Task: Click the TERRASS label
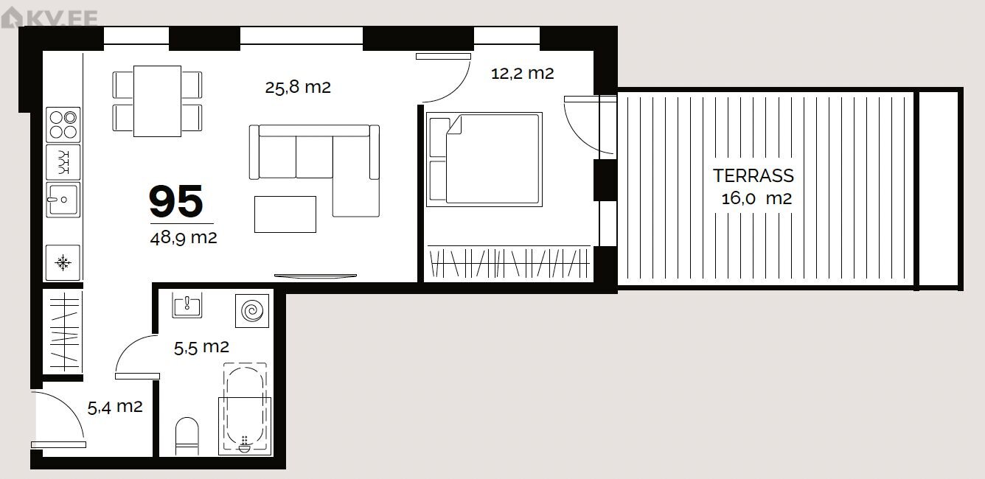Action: coord(753,176)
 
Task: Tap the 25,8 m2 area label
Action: coord(298,87)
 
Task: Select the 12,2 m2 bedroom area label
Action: coord(523,73)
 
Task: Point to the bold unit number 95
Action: coord(176,201)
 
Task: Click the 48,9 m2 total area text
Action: coord(184,238)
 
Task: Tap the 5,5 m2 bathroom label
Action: coord(201,348)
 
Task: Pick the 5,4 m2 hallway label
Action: coord(115,407)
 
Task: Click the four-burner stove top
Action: coord(63,125)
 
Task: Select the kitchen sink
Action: coord(63,200)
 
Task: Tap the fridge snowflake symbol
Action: coord(63,262)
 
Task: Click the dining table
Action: coord(158,101)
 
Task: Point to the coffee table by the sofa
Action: coord(285,214)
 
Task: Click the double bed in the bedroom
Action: coord(484,159)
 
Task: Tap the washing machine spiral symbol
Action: coord(252,311)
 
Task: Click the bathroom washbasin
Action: coord(187,304)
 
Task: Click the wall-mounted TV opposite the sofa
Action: coord(316,276)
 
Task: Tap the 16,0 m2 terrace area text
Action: coord(756,199)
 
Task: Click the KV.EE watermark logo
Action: coord(49,18)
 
